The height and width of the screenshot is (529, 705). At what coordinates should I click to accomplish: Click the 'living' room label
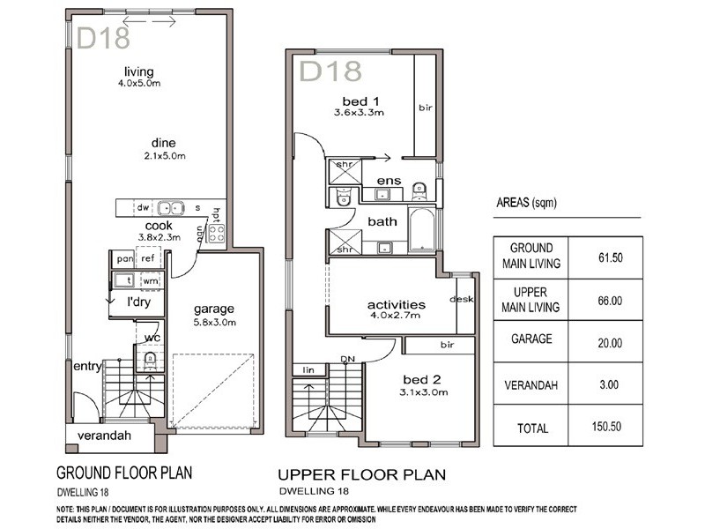coord(138,71)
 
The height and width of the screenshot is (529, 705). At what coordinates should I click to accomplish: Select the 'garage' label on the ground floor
coord(214,309)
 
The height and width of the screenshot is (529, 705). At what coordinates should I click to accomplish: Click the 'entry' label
coord(88,366)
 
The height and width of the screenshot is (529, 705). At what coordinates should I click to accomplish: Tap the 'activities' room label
coord(396,305)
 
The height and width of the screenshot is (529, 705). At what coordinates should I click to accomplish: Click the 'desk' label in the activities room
coord(461,299)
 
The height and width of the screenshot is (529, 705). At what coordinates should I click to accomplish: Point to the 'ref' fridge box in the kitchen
coord(147,259)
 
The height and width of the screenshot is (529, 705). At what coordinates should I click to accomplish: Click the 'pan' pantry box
coord(123,259)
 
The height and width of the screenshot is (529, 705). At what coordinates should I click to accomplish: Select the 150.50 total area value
coord(605,428)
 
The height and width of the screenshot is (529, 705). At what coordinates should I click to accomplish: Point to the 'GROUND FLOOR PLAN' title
coord(125,471)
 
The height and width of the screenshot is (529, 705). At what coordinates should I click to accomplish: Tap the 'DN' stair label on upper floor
coord(349,359)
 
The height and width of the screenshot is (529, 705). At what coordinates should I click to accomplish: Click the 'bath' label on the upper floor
coord(382,221)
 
